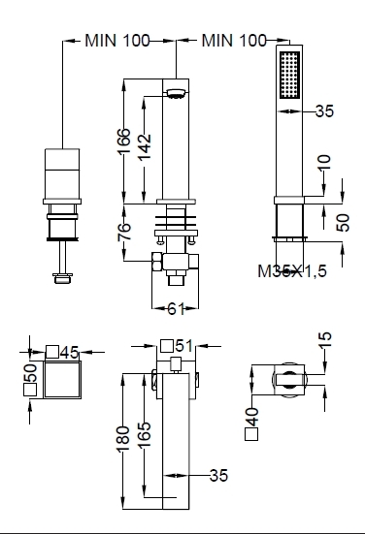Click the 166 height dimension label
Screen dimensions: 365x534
click(124, 141)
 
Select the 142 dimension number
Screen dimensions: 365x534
click(145, 146)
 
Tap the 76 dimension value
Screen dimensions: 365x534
click(124, 232)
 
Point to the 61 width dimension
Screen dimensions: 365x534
click(176, 308)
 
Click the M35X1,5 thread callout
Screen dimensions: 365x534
click(292, 271)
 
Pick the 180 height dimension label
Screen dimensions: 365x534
click(123, 439)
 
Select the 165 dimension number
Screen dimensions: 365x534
click(145, 434)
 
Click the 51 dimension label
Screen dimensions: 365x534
click(184, 346)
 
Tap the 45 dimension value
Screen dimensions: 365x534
click(70, 353)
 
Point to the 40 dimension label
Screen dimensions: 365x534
click(252, 417)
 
